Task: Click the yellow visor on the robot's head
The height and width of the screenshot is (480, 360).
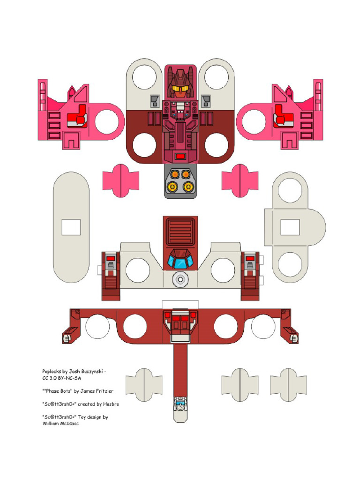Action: point(180,89)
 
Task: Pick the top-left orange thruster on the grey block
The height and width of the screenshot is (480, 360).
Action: point(175,174)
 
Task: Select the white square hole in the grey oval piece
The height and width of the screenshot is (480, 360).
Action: point(71,227)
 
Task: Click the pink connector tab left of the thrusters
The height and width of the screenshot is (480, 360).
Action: point(120,180)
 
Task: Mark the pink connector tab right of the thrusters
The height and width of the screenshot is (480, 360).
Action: point(240,180)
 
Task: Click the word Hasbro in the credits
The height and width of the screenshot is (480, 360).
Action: point(111,404)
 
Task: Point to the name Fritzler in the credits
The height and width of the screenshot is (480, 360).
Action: point(105,391)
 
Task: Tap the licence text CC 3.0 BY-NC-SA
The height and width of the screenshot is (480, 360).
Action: point(61,378)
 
